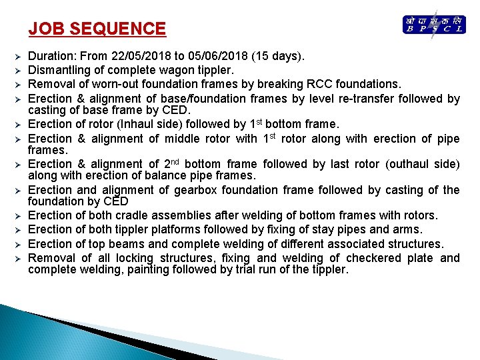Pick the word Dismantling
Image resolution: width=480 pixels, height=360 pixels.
59,70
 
